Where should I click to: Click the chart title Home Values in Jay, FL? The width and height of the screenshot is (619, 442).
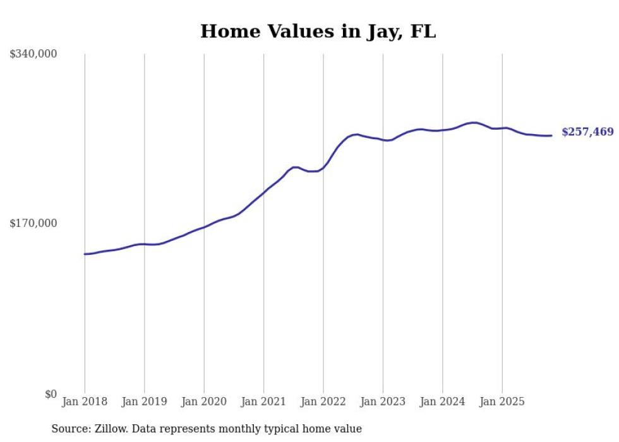pyautogui.click(x=318, y=31)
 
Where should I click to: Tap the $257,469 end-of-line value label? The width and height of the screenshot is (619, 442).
pyautogui.click(x=587, y=132)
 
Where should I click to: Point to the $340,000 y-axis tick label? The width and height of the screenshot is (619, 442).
pyautogui.click(x=33, y=54)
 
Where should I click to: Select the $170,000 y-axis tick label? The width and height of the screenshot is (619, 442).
pyautogui.click(x=33, y=223)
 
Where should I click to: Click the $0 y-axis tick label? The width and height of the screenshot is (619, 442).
pyautogui.click(x=51, y=395)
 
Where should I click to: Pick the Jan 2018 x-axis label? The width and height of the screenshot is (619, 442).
pyautogui.click(x=85, y=402)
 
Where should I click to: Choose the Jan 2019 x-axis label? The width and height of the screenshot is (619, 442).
pyautogui.click(x=145, y=402)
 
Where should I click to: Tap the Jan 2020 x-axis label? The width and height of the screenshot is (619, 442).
pyautogui.click(x=204, y=402)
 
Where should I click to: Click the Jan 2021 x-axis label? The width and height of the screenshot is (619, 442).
pyautogui.click(x=264, y=402)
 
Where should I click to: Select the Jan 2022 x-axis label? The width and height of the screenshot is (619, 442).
pyautogui.click(x=323, y=402)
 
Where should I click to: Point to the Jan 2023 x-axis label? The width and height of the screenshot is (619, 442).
pyautogui.click(x=383, y=402)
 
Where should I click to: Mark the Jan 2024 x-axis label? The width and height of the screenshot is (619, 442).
pyautogui.click(x=443, y=402)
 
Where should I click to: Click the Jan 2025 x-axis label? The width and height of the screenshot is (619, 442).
pyautogui.click(x=502, y=402)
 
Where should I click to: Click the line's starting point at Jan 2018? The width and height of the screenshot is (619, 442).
pyautogui.click(x=85, y=254)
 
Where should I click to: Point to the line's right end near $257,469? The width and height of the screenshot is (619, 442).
pyautogui.click(x=551, y=135)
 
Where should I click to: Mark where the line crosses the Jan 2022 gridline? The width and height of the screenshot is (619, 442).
pyautogui.click(x=323, y=168)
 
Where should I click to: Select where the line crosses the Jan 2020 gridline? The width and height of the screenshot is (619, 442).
pyautogui.click(x=204, y=226)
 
